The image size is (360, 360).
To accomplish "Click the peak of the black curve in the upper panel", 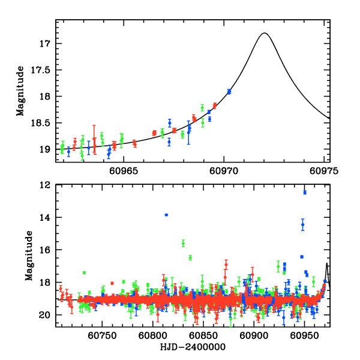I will [264, 33].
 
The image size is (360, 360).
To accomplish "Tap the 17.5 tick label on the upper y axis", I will [42, 70].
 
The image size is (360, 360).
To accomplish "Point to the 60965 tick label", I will [124, 170].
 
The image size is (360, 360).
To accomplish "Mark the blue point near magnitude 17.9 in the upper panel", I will [229, 91].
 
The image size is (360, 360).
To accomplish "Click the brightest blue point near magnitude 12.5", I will [305, 192].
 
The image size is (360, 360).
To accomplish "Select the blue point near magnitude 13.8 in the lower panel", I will [166, 215].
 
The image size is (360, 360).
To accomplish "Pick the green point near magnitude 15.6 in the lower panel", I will [183, 243].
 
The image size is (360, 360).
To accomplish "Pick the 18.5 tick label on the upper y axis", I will [42, 122].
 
